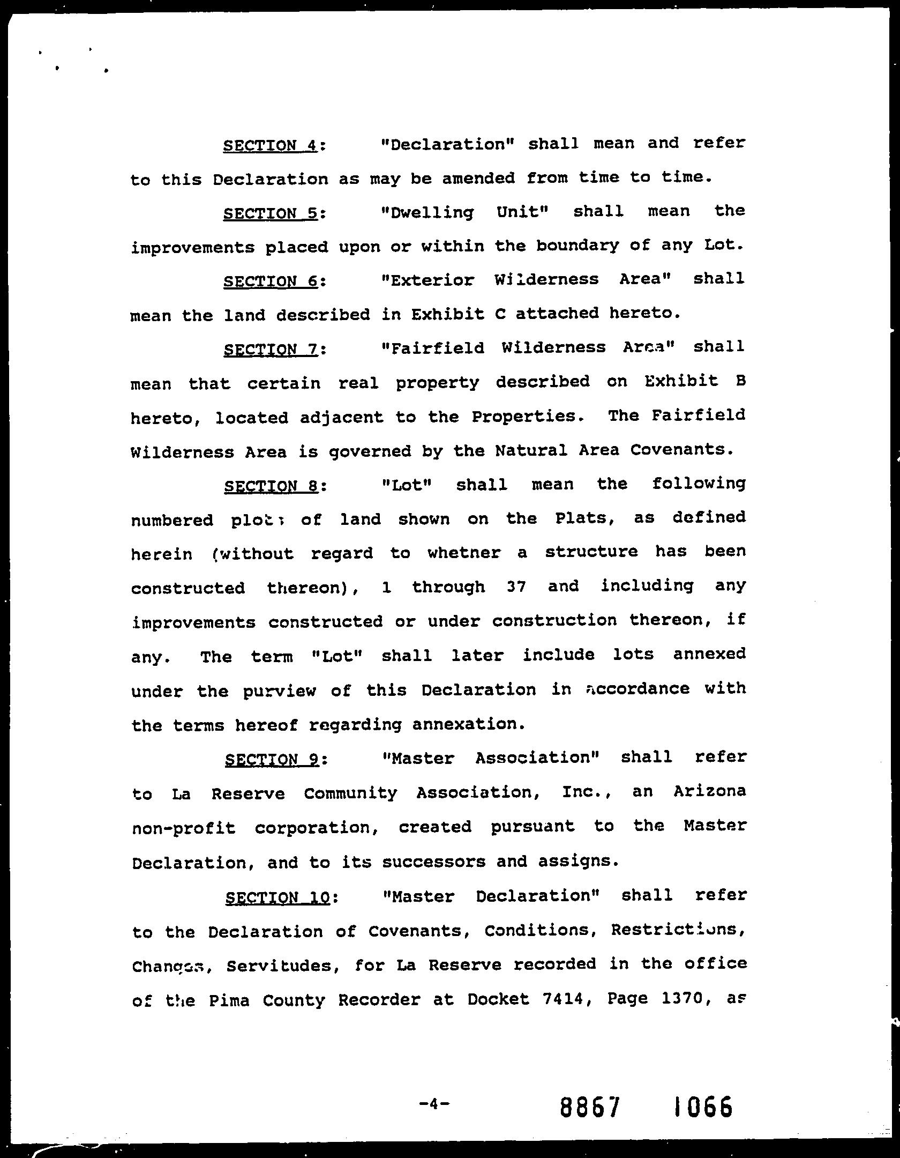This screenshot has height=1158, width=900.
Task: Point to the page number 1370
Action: pos(681,998)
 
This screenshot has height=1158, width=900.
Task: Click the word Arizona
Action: pos(709,791)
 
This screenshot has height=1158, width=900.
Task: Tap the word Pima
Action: pos(229,1000)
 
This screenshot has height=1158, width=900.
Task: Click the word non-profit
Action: pos(183,828)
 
